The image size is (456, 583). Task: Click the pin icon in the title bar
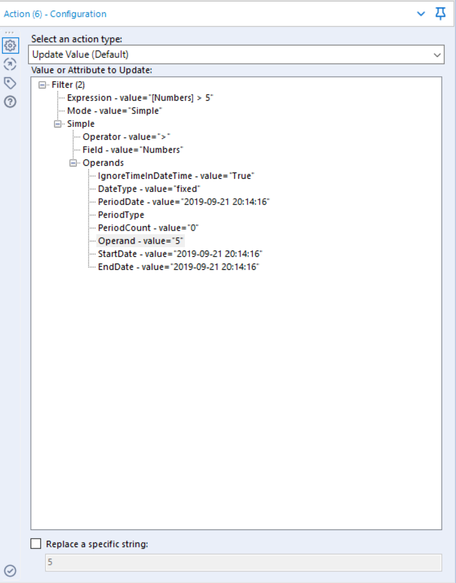pos(441,14)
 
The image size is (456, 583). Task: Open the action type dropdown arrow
pos(437,55)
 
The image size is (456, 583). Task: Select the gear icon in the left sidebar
pos(10,46)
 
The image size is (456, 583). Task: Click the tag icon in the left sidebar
pos(10,83)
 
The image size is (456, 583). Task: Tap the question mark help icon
pos(10,101)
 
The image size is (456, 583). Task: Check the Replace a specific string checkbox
pos(36,544)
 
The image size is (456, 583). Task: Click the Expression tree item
pos(140,98)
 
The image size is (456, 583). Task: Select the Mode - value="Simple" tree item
pos(114,111)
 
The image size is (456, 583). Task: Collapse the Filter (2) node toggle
pos(42,85)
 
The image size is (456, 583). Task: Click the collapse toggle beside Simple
pos(57,124)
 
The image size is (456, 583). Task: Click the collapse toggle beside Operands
pos(73,163)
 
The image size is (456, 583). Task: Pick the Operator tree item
pos(126,137)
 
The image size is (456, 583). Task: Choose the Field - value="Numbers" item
pos(133,150)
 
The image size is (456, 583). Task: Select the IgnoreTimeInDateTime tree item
pos(176,176)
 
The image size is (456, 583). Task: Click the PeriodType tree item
pos(121,215)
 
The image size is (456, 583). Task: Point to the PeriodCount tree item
pos(148,228)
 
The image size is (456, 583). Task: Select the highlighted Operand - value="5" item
pos(141,241)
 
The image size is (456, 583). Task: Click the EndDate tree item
pos(178,267)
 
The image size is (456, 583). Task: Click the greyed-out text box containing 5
pos(244,562)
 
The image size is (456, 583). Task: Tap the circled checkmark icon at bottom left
pos(10,570)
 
